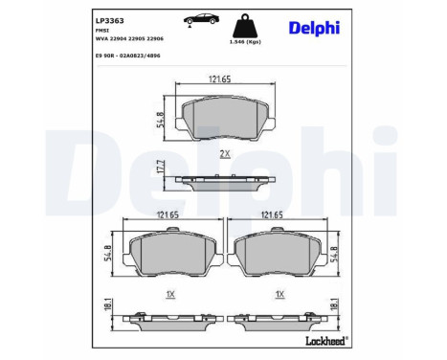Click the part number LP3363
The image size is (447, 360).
click(110, 18)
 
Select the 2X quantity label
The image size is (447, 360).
click(223, 153)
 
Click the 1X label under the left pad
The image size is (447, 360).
click(168, 294)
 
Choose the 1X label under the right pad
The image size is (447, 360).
click(279, 294)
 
